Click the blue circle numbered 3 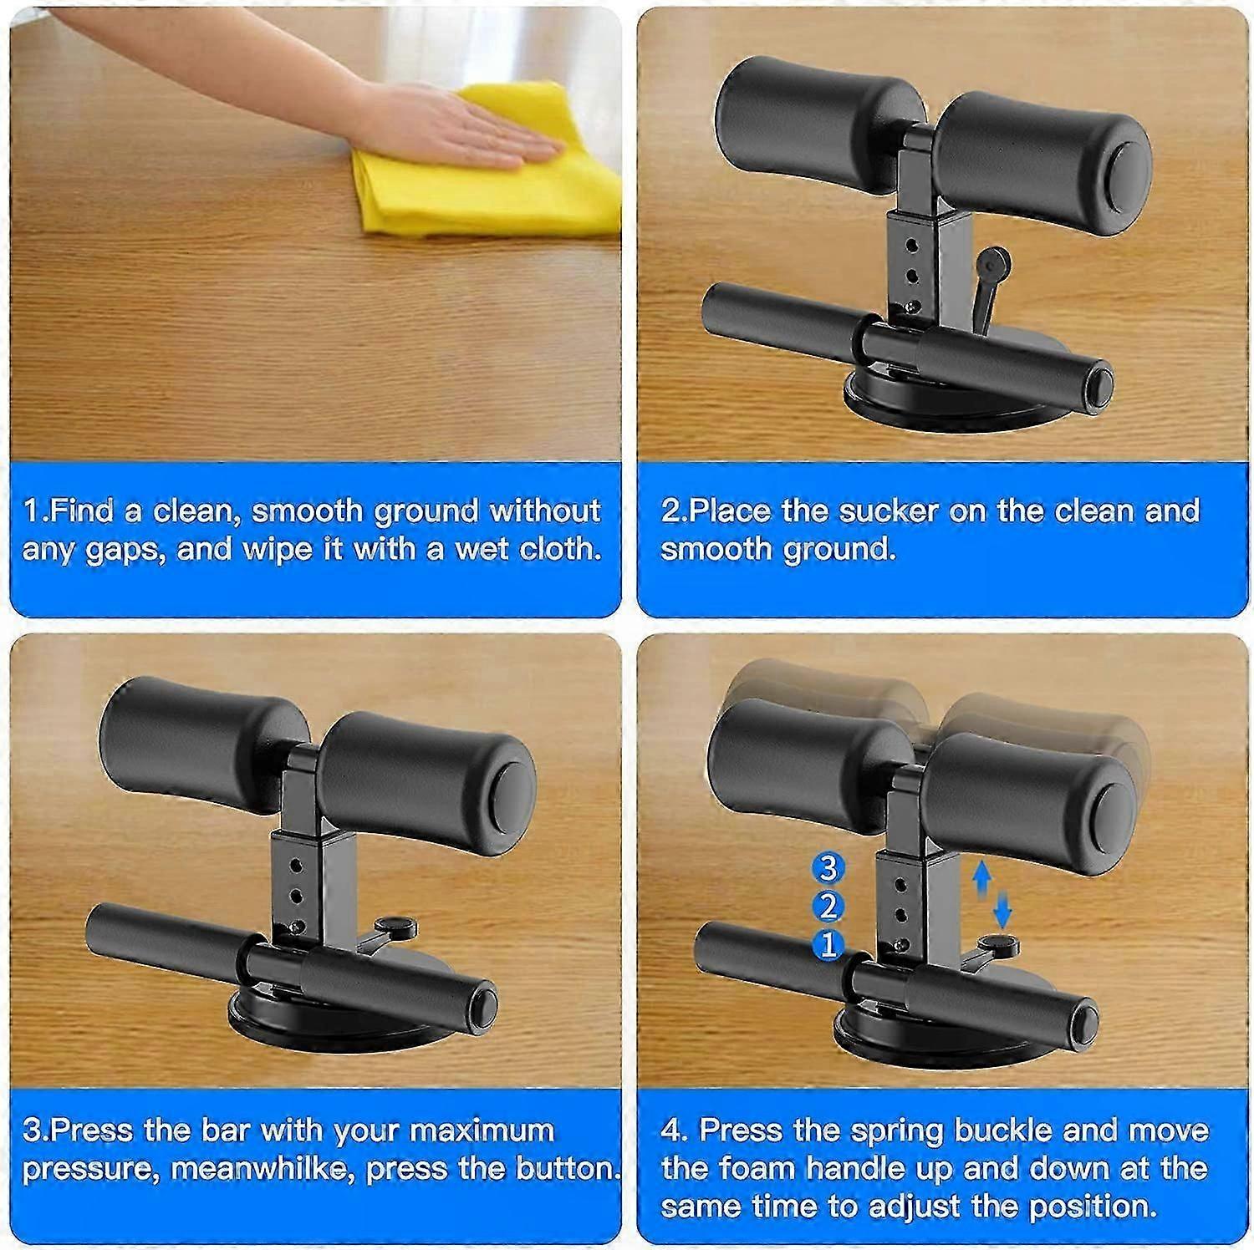point(828,868)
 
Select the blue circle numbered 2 point(828,907)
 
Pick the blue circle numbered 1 point(828,945)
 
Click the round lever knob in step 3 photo point(396,925)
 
